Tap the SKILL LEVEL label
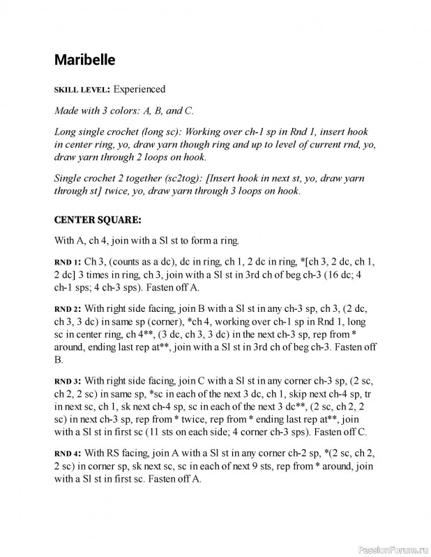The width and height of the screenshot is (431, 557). (x=81, y=90)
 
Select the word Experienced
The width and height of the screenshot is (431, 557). (x=139, y=89)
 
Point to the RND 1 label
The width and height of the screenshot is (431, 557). (x=68, y=262)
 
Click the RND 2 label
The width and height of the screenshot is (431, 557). (x=68, y=308)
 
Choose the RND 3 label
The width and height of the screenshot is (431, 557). (x=68, y=382)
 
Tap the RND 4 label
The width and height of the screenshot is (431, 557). (x=68, y=453)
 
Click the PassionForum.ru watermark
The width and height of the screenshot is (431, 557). (x=390, y=549)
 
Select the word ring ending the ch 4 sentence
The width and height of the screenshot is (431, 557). (x=229, y=241)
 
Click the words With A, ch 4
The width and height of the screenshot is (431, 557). (x=83, y=241)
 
